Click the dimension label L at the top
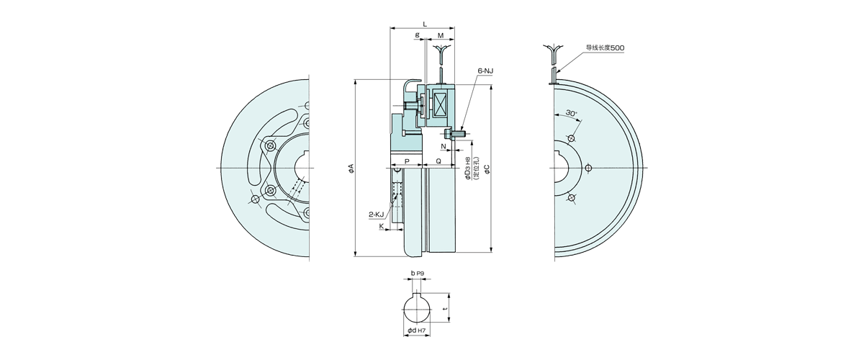(x=425, y=24)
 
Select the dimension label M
(x=441, y=35)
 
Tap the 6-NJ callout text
(x=485, y=71)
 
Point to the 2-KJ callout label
(x=376, y=214)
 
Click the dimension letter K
(x=382, y=226)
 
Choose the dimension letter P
(x=407, y=161)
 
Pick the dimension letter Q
(x=438, y=161)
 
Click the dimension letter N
(x=444, y=146)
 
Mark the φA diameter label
(x=351, y=168)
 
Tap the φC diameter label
(x=487, y=168)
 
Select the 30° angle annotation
(x=571, y=112)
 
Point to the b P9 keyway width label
(x=418, y=273)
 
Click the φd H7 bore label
(x=417, y=330)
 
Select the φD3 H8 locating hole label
(x=472, y=168)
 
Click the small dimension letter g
(x=418, y=35)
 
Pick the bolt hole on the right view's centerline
(x=588, y=168)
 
